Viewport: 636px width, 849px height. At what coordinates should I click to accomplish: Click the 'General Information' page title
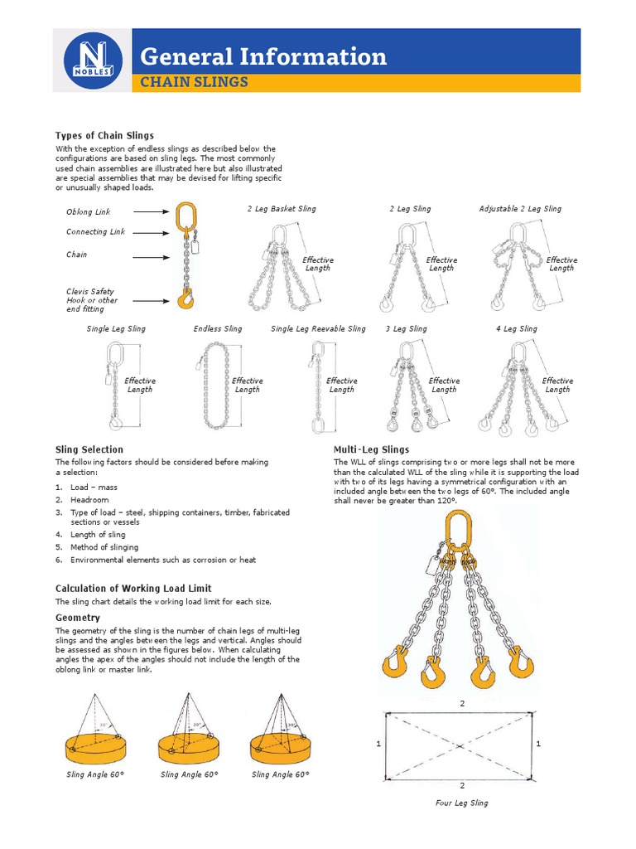pos(263,56)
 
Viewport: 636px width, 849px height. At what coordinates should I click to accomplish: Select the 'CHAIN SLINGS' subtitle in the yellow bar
pos(194,82)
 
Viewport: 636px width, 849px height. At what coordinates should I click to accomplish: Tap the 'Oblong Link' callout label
pos(88,212)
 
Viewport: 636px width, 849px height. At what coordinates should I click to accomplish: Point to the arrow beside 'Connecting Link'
pos(152,232)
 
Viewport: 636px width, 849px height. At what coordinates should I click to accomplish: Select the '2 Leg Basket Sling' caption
pos(282,209)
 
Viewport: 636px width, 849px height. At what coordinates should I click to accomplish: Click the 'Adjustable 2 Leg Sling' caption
pos(520,209)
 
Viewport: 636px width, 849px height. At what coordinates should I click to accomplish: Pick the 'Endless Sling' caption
pos(218,329)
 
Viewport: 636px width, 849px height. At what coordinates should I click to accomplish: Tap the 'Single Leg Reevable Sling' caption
pos(318,329)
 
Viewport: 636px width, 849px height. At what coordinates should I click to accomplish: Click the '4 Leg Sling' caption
pos(516,329)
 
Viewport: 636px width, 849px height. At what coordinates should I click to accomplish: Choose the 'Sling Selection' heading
pos(89,449)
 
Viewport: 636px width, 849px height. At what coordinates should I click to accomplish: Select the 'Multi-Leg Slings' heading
pos(372,449)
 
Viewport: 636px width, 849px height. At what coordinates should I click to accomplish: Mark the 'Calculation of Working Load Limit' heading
pos(132,589)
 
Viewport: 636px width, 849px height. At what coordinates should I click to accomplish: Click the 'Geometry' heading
pos(78,618)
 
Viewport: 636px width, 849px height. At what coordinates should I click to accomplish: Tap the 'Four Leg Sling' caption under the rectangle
pos(461,803)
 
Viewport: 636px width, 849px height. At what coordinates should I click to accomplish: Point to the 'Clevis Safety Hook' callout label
pos(92,296)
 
